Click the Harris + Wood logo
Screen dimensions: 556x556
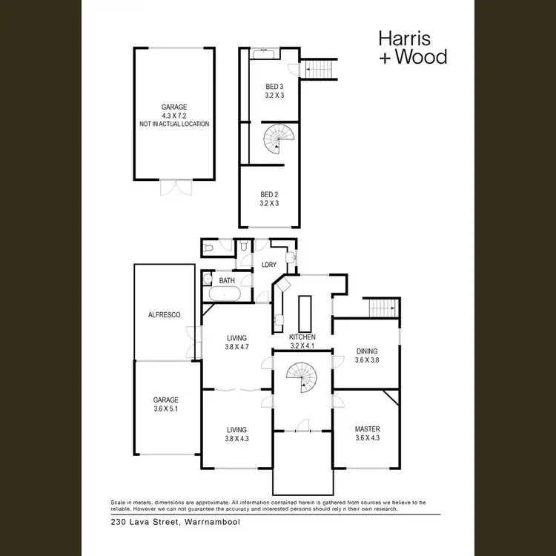412,47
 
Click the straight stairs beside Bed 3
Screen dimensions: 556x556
321,69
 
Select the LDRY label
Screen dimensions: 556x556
268,265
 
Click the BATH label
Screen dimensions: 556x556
227,281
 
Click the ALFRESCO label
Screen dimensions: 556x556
165,315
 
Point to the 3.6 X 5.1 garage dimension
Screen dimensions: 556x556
166,408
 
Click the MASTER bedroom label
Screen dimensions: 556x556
368,429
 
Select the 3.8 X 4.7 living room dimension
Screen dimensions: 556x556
236,347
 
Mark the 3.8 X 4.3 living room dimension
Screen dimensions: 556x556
236,438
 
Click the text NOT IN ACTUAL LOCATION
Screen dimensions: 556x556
174,124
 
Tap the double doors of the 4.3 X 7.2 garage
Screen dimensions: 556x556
174,188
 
